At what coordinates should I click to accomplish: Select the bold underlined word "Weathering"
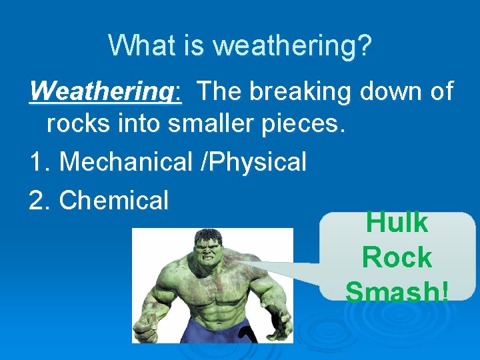pyautogui.click(x=104, y=91)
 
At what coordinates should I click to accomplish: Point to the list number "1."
pyautogui.click(x=41, y=161)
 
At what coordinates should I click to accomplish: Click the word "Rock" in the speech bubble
pyautogui.click(x=397, y=257)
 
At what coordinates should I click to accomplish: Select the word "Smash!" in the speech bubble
pyautogui.click(x=397, y=292)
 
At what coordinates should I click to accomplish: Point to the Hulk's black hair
pyautogui.click(x=207, y=235)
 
